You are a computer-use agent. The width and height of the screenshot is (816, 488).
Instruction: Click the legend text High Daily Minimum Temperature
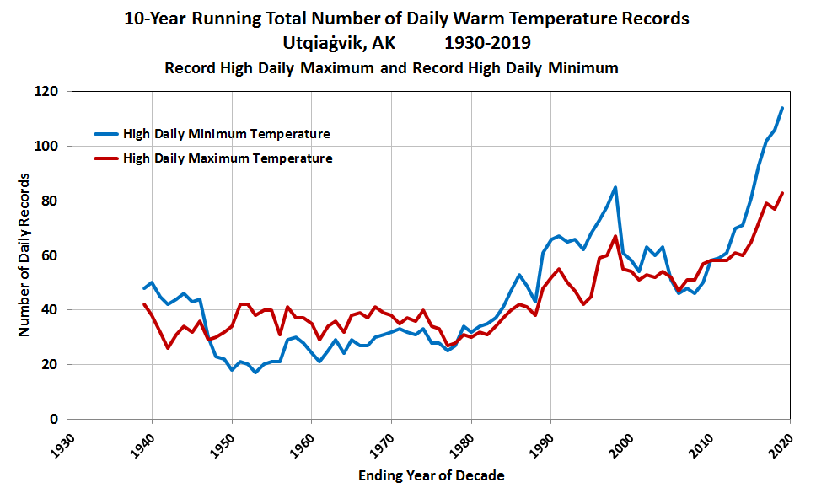[226, 133]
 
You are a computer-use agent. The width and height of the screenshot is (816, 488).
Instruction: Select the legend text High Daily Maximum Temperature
[228, 158]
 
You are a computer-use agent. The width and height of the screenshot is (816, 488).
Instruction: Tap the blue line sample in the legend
[105, 133]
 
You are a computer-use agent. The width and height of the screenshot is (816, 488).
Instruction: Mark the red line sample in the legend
[105, 158]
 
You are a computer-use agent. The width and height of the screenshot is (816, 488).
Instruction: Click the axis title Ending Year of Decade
[431, 475]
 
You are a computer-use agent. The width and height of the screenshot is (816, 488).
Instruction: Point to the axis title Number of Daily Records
[24, 255]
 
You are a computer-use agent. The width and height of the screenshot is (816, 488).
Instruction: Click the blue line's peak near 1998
[615, 187]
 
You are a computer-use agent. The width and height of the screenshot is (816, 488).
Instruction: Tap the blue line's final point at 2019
[782, 108]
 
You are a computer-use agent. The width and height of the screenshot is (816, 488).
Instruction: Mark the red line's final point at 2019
[782, 193]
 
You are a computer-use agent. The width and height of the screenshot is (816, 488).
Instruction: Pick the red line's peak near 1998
[615, 236]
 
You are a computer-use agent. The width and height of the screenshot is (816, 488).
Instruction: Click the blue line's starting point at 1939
[144, 288]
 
